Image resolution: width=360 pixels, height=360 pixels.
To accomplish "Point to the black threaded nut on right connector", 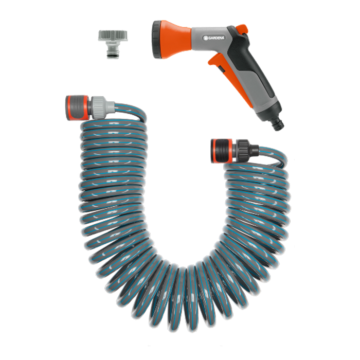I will click(x=242, y=149).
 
